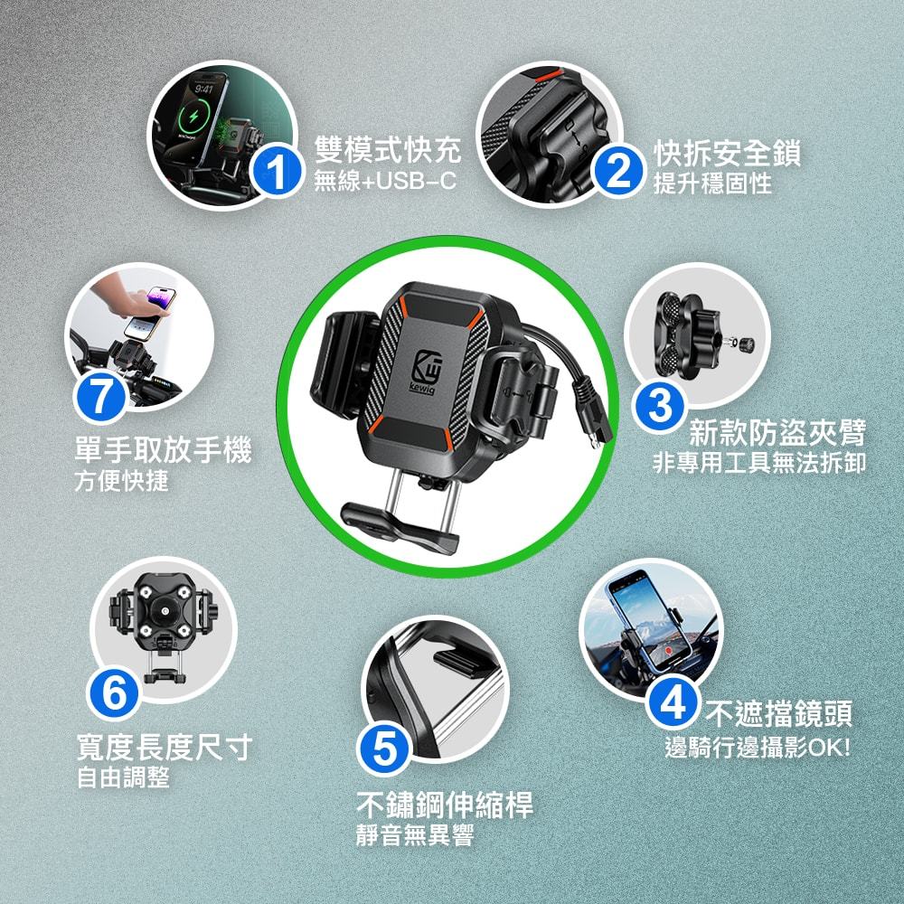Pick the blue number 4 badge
(673, 702)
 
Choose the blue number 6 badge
(114, 693)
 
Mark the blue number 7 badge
(99, 397)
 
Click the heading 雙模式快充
(388, 150)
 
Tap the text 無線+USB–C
(385, 181)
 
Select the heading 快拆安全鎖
(727, 153)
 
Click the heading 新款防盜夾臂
(777, 433)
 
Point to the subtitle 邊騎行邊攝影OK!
(758, 748)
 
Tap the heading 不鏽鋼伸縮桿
(445, 805)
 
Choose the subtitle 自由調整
(123, 777)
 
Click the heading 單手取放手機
(163, 449)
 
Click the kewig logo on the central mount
(426, 372)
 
